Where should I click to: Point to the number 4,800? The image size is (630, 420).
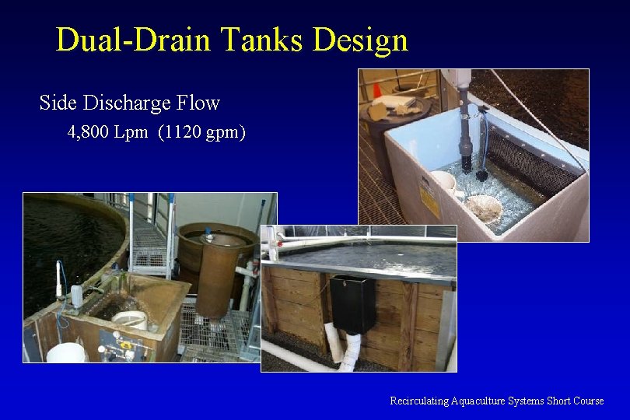pyautogui.click(x=88, y=132)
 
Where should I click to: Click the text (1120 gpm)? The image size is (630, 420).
pyautogui.click(x=201, y=132)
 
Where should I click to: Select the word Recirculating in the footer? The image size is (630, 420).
pyautogui.click(x=419, y=401)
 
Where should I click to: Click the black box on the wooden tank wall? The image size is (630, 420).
pyautogui.click(x=352, y=304)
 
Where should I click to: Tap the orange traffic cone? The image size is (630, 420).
pyautogui.click(x=377, y=92)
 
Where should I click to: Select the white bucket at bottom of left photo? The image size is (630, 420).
pyautogui.click(x=65, y=353)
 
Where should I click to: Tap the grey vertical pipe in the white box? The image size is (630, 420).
pyautogui.click(x=464, y=132)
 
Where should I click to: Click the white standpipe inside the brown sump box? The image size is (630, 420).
pyautogui.click(x=130, y=319)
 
